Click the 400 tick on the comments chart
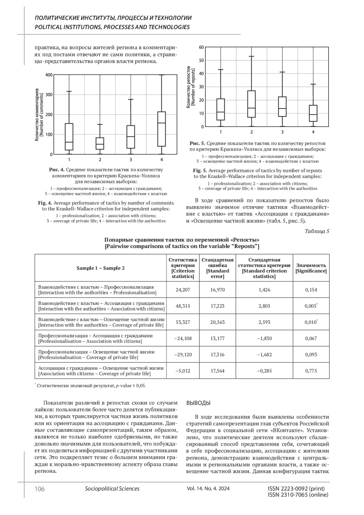click(x=49, y=75)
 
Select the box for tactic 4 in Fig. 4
click(x=162, y=129)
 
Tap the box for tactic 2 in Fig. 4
click(x=100, y=144)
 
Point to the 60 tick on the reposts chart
click(x=201, y=47)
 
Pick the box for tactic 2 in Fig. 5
click(x=251, y=104)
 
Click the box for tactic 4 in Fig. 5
click(x=313, y=113)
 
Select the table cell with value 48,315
click(x=183, y=306)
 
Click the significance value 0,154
click(x=311, y=290)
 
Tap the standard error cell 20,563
click(x=217, y=322)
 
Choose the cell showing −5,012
click(x=183, y=371)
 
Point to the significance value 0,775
click(x=311, y=371)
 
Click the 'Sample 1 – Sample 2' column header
click(x=100, y=268)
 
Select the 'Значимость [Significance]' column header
click(x=311, y=268)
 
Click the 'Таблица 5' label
click(x=317, y=232)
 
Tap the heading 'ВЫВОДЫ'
click(x=198, y=403)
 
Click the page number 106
click(x=39, y=489)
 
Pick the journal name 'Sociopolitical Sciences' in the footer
click(x=112, y=489)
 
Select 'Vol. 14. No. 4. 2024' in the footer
click(x=208, y=489)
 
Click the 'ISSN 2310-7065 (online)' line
click(x=298, y=495)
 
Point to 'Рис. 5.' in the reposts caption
click(x=197, y=143)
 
